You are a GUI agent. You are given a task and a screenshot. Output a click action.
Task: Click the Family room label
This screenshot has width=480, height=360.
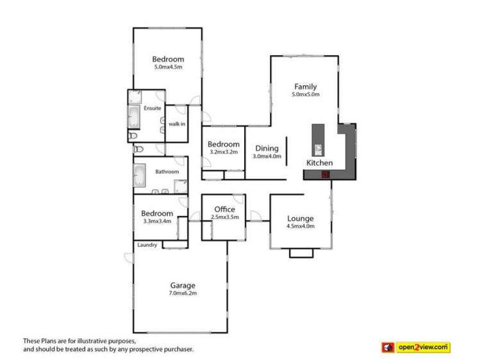pos(305,86)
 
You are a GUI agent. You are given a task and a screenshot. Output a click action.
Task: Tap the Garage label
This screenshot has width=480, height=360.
pos(183,286)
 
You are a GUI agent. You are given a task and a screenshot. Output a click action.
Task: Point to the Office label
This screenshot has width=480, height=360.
pos(224,209)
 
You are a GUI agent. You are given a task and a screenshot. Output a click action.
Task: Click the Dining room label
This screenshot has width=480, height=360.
pos(267,148)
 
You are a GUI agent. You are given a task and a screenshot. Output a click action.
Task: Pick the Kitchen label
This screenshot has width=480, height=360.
pos(319,163)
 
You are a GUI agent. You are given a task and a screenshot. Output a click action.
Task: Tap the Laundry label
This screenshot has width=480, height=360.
pos(147,245)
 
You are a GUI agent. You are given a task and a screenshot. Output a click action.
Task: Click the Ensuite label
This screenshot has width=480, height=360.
pos(153,108)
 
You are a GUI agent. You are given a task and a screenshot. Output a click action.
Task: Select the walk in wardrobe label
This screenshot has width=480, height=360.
pos(176,124)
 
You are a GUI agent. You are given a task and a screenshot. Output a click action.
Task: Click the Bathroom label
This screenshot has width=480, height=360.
pos(167,172)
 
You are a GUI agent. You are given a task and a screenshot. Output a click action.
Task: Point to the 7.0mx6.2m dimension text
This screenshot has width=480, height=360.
pos(183,294)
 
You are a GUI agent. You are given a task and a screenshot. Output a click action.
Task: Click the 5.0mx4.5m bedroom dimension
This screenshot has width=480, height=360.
pos(168,67)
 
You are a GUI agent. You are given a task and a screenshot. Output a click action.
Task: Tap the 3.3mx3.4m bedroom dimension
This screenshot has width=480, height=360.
pos(157,222)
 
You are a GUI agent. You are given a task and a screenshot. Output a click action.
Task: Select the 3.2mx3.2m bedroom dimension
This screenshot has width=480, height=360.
pos(224,152)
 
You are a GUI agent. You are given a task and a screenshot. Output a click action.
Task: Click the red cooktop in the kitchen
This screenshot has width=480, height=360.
pos(325,174)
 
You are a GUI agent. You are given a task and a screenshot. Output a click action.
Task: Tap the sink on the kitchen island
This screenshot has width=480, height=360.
pos(318,151)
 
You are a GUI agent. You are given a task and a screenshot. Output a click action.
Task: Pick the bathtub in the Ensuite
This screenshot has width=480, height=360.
pos(135,117)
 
